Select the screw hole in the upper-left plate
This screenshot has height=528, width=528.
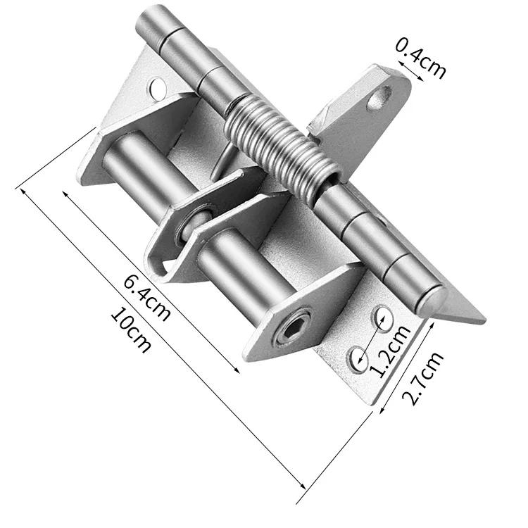click(158, 88)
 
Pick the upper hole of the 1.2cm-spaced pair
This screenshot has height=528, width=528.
click(384, 315)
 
